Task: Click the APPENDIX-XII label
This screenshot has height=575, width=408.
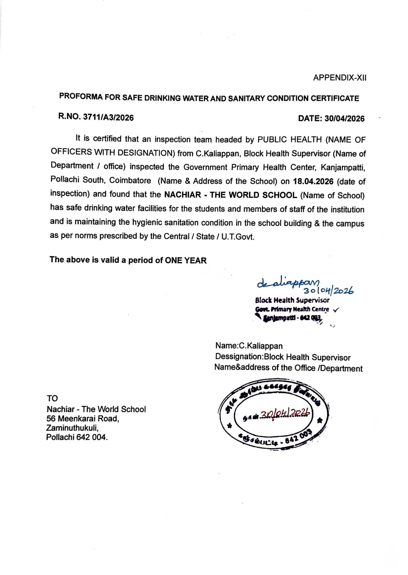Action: point(340,78)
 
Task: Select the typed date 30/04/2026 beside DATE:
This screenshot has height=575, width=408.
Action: point(344,118)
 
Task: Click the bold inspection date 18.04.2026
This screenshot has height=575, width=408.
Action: point(313,181)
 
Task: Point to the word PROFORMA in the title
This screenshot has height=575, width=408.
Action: point(80,96)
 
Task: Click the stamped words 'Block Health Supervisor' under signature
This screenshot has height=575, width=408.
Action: point(292,300)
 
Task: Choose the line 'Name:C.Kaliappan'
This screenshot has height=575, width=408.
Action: point(249,346)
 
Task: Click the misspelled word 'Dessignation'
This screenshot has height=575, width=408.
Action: point(238,357)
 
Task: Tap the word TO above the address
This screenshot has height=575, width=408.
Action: point(52,398)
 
